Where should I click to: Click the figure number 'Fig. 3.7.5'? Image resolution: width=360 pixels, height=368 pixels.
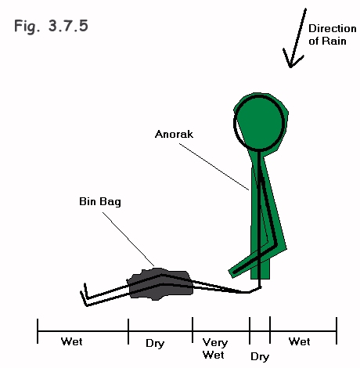click(51, 27)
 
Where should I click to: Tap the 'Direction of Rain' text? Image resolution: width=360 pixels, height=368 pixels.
click(332, 34)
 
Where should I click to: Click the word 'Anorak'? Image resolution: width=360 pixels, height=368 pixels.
click(174, 134)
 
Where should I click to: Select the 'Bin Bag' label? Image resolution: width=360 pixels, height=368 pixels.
click(100, 202)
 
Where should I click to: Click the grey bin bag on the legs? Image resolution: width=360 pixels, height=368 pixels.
click(160, 285)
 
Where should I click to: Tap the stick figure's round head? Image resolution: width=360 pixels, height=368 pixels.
click(258, 123)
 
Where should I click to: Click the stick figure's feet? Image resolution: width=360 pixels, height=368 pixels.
click(85, 295)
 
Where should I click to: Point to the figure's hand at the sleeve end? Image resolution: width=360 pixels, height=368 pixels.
click(234, 272)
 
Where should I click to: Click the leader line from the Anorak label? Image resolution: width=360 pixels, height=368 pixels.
click(214, 167)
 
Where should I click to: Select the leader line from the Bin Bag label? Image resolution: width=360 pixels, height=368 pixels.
click(128, 240)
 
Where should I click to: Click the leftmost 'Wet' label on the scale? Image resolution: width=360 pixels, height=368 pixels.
click(72, 341)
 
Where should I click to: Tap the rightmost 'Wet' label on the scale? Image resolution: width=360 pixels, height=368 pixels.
click(300, 341)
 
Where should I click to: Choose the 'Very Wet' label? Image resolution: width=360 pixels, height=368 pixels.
click(214, 348)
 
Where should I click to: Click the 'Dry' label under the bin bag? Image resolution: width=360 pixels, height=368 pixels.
click(155, 344)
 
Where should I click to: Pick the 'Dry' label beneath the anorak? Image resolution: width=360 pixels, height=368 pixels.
click(260, 356)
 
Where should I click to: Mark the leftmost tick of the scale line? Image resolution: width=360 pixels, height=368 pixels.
click(38, 331)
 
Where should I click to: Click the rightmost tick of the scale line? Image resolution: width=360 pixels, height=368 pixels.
click(337, 330)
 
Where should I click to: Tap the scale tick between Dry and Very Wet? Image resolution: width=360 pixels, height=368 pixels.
click(193, 330)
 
